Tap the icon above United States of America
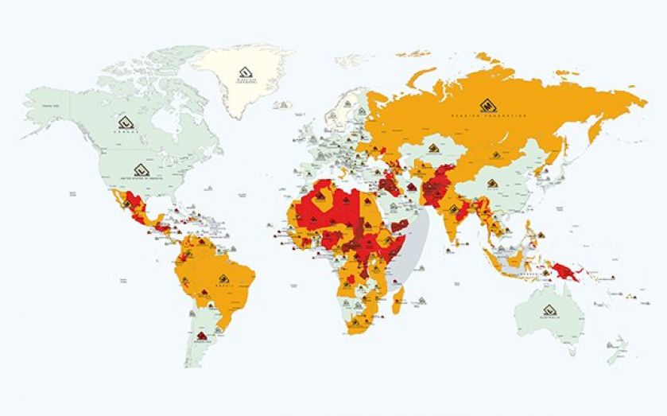[x=141, y=169]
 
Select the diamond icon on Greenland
[x=246, y=74]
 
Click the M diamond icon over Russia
[x=484, y=105]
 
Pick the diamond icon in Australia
[x=548, y=310]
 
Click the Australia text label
[x=548, y=319]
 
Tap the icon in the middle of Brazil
[x=225, y=278]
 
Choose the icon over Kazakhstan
[x=433, y=148]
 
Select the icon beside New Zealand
[x=611, y=345]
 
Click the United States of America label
[x=141, y=177]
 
